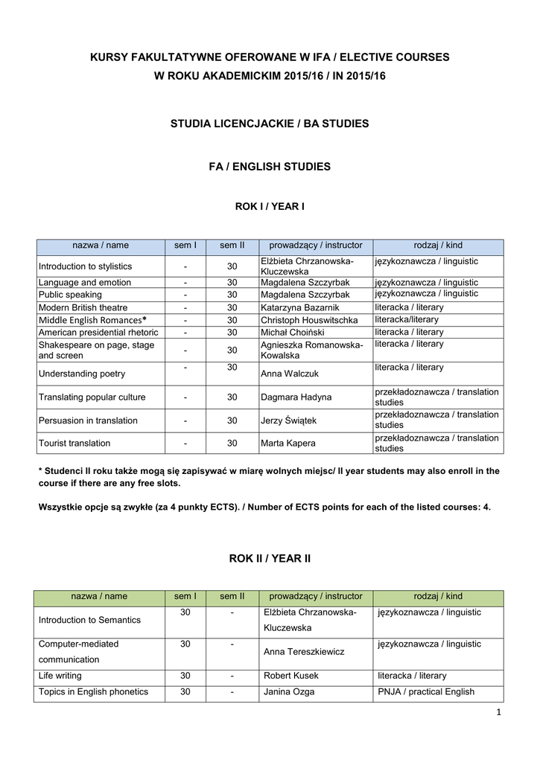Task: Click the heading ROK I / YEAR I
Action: point(270,206)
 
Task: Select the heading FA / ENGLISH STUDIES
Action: point(270,167)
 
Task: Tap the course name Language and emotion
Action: point(85,283)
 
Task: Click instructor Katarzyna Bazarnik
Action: point(299,307)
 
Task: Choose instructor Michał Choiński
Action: point(293,332)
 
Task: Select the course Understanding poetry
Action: point(82,374)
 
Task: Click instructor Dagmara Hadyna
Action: point(296,397)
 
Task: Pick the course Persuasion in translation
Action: point(88,420)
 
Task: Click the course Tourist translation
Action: point(74,443)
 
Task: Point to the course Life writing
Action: point(60,676)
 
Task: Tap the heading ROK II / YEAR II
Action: point(270,559)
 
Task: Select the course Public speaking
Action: point(70,295)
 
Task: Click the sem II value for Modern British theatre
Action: point(232,307)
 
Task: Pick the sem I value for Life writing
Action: point(185,676)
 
